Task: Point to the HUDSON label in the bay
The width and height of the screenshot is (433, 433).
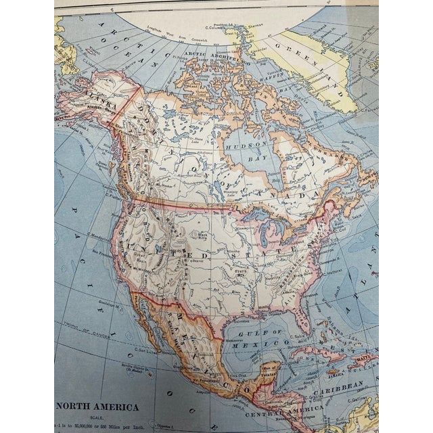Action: [x=247, y=145]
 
